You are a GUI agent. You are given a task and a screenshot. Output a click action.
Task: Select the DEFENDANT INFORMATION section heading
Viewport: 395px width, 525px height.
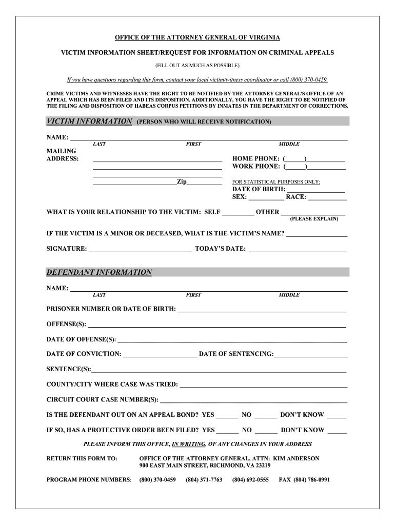click(99, 272)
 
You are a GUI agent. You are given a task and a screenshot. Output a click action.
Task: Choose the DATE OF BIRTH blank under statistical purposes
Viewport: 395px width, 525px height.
click(316, 189)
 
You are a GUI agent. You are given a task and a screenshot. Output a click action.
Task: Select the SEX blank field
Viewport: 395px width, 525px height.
click(266, 197)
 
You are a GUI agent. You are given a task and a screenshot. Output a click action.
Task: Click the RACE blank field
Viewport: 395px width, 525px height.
click(327, 197)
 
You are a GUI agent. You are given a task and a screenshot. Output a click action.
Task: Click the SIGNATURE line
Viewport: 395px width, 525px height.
click(140, 249)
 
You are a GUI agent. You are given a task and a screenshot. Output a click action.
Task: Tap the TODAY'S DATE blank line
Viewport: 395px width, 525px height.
click(297, 249)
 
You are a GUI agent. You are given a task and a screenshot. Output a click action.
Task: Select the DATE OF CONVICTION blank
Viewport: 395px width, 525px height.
click(160, 354)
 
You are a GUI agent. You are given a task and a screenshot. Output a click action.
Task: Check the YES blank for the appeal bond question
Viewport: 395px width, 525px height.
click(227, 415)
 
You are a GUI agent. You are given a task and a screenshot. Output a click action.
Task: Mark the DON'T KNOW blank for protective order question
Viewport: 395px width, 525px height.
click(337, 430)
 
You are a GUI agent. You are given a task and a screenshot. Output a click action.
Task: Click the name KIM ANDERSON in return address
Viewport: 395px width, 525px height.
click(296, 458)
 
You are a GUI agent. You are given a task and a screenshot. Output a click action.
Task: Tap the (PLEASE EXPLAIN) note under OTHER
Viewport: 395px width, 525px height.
click(314, 219)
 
